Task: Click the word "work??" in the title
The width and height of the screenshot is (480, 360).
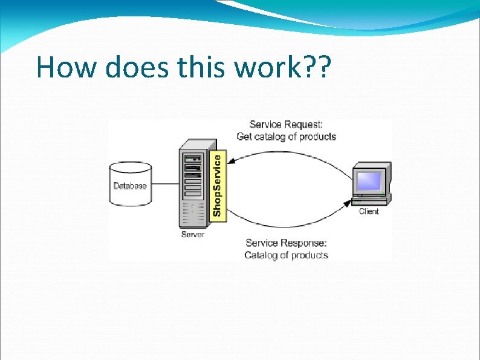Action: point(283,67)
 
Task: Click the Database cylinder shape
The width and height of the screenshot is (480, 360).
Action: point(130,184)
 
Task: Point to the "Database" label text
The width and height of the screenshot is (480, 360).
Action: point(130,186)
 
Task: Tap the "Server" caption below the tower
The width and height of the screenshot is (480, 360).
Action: point(193,234)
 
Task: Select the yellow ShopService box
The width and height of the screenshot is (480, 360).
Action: point(219,185)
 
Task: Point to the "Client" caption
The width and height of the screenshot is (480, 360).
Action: point(369,211)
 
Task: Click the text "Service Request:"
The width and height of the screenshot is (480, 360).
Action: point(286,125)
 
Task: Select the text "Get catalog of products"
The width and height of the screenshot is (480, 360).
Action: point(286,137)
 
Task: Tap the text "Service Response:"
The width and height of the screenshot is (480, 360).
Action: point(286,243)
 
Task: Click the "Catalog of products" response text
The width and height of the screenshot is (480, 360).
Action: point(286,255)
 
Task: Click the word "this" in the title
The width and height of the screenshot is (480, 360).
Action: point(203,67)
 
